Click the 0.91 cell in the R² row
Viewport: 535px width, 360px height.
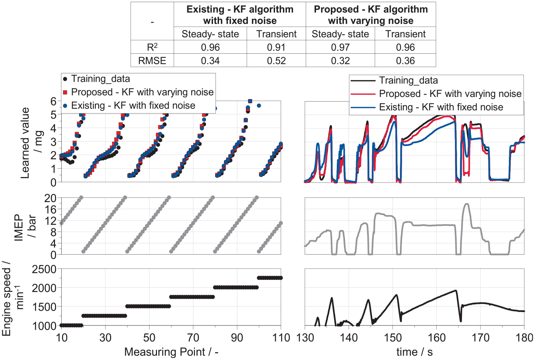click(276, 47)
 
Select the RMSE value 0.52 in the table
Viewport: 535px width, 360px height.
click(276, 61)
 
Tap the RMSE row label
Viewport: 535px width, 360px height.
click(152, 61)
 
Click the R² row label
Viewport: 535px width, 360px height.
click(152, 47)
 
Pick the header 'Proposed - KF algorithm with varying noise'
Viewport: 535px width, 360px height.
click(371, 15)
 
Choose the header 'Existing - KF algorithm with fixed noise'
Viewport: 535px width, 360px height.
click(240, 15)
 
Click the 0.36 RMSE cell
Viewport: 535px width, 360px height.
click(405, 61)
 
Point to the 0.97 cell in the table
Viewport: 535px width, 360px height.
click(340, 47)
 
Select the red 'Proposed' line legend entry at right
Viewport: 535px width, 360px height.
click(436, 93)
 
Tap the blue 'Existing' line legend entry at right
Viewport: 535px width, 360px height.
click(427, 107)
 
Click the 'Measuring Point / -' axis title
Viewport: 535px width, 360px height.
click(171, 352)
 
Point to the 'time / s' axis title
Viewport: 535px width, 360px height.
click(415, 352)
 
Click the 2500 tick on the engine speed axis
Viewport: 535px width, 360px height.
click(44, 269)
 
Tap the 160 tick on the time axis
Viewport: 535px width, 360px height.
click(436, 338)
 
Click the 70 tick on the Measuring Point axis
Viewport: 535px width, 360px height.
click(193, 338)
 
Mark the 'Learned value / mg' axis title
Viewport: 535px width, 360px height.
click(32, 143)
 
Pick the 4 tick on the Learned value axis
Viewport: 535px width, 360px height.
click(53, 128)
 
